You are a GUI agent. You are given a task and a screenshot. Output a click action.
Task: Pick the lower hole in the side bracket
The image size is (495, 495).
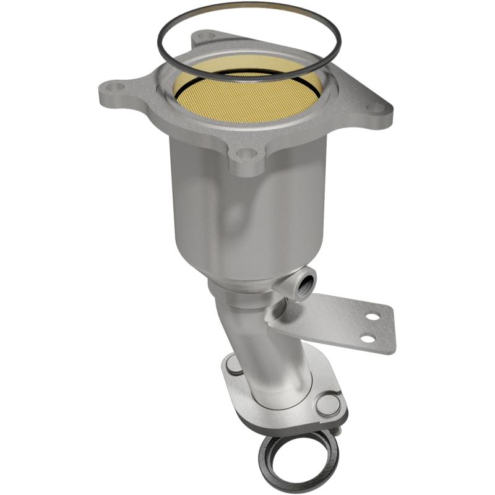point(368,338)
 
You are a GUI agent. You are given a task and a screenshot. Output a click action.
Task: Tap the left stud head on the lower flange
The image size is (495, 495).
point(233,366)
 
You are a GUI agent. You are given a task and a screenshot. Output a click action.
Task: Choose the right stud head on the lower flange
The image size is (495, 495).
point(327,405)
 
